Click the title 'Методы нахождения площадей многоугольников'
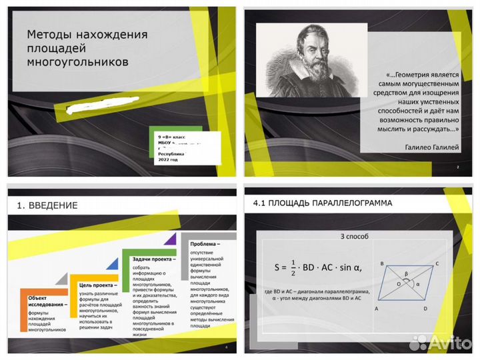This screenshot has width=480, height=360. (87, 48)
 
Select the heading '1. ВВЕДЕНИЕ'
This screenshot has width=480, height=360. (47, 205)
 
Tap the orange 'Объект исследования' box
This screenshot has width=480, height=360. (44, 301)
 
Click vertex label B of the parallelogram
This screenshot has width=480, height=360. (382, 264)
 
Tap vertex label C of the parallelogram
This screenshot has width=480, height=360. (437, 264)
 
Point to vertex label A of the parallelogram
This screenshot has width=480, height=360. (377, 309)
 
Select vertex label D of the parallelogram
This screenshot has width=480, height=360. (425, 309)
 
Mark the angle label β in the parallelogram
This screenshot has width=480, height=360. (406, 273)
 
